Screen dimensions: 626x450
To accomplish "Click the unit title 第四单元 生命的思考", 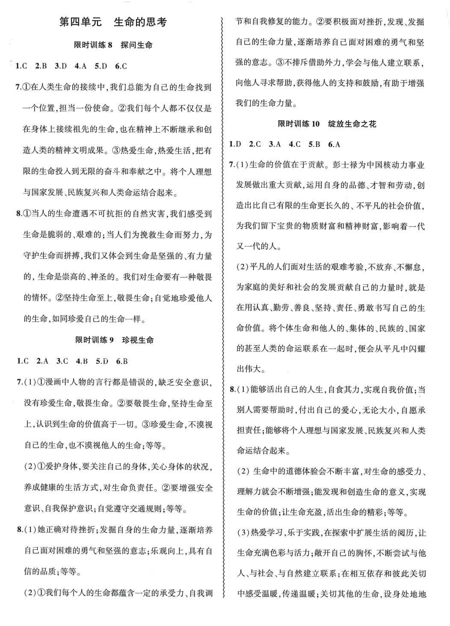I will [x=112, y=22].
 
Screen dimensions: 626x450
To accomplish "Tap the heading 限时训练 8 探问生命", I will [x=113, y=45].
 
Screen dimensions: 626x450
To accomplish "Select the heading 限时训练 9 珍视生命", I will [x=113, y=340].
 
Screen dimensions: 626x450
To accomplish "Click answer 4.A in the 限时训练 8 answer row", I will [x=80, y=66].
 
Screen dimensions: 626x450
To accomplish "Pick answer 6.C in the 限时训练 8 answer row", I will [x=121, y=66].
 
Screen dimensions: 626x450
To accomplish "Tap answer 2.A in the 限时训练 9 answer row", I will [x=42, y=361].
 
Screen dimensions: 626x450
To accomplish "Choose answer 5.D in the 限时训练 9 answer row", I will [x=102, y=361].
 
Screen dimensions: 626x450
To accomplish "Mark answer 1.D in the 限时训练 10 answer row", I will [x=235, y=144].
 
